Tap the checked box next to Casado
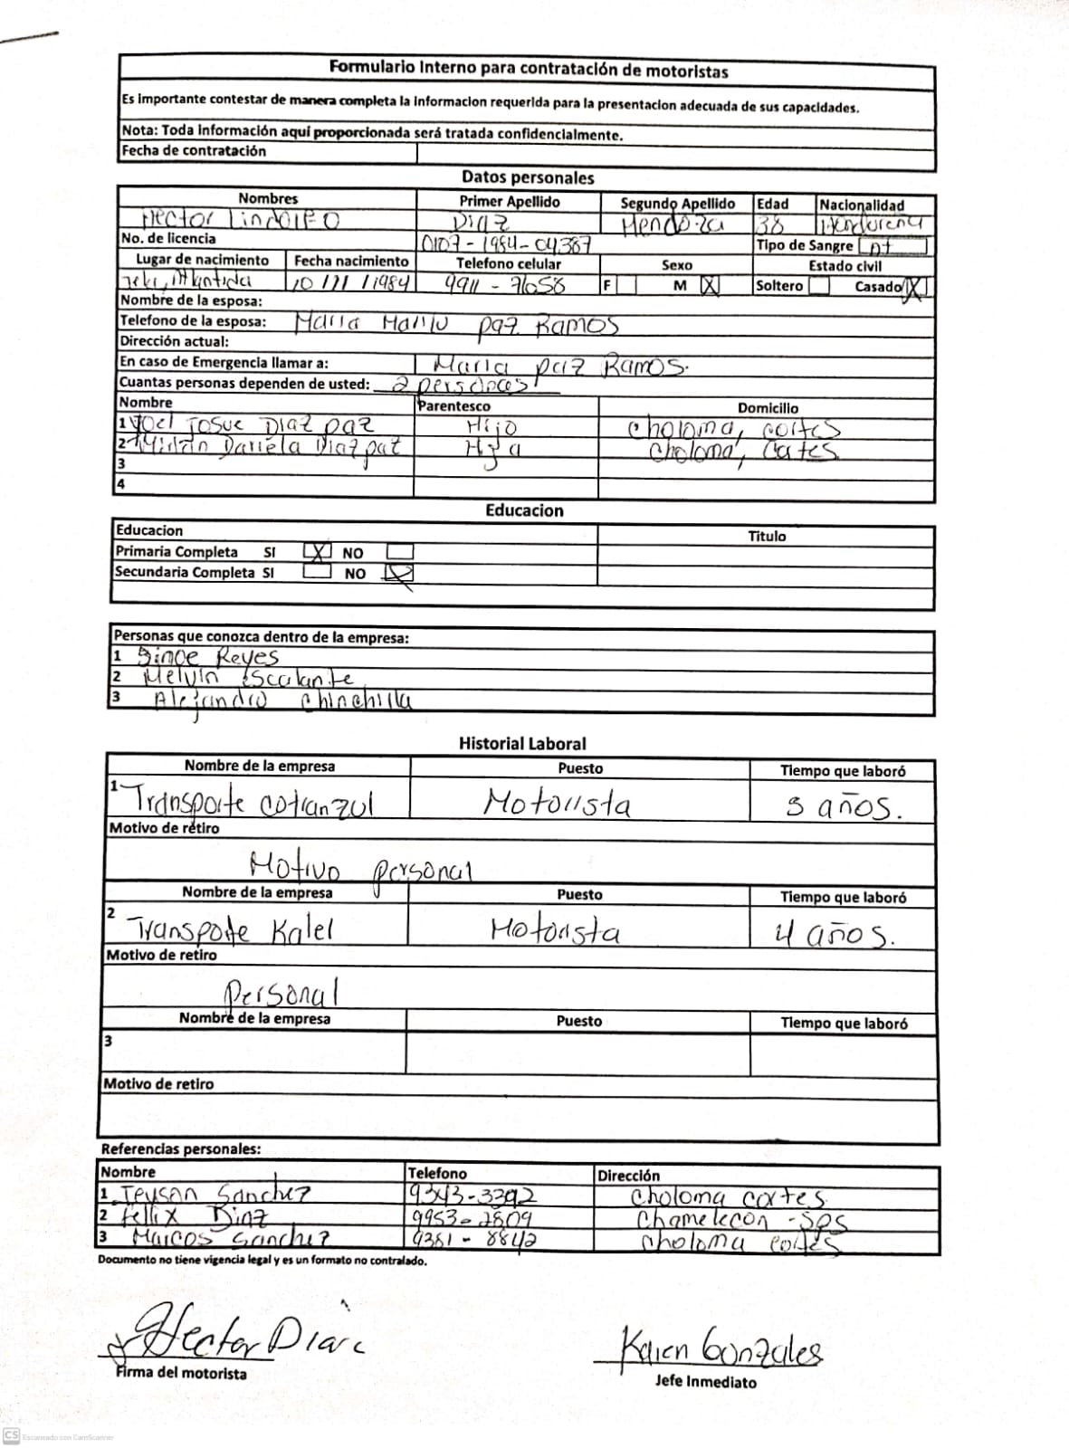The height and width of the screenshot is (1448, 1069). coord(915,287)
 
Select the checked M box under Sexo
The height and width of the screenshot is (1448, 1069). coord(710,285)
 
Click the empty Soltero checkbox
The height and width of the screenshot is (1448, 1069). coord(819,285)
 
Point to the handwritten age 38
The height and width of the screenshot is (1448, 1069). coord(770,224)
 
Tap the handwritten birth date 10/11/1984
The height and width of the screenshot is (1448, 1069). coord(350,282)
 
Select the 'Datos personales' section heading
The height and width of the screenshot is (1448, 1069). coord(528,177)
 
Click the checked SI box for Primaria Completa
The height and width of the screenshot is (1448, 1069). coord(317,551)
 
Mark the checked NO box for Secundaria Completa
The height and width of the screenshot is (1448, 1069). coord(399,572)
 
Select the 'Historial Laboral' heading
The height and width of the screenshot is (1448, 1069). coord(522,744)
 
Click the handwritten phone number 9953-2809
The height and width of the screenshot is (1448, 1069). coord(472,1218)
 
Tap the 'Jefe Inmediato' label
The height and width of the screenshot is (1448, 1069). coord(706,1382)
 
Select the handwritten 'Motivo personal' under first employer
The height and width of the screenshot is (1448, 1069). coord(360,868)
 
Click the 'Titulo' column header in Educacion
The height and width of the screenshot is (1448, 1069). coord(767,536)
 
